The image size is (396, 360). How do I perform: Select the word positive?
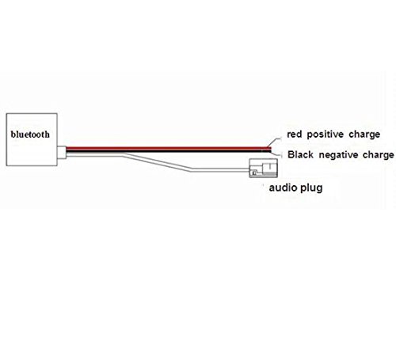coord(333,135)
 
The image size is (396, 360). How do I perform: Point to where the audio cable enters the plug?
coord(248,168)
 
